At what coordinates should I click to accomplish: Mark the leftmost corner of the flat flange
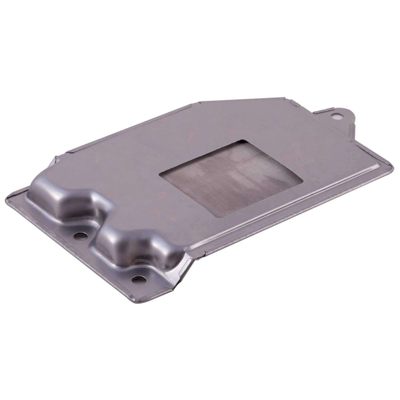[x=6, y=197]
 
